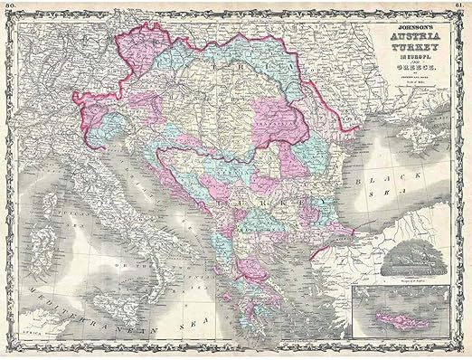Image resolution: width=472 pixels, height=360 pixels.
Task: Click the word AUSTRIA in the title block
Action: [411, 41]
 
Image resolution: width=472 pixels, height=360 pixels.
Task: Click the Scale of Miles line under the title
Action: [411, 95]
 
